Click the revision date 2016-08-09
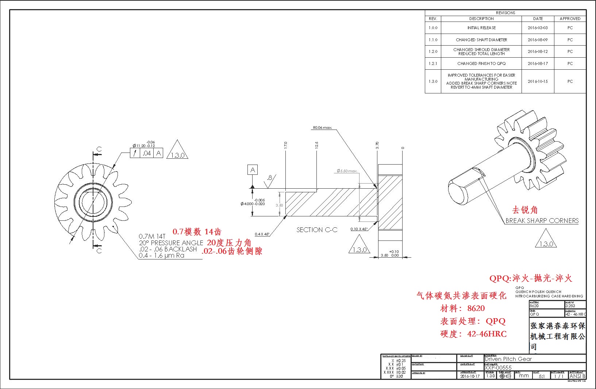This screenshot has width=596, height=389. pos(538,40)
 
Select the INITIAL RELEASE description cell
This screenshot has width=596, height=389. pos(481,28)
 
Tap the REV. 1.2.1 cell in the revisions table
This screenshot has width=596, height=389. pos(433,63)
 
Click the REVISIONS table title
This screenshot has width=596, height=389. pos(505,13)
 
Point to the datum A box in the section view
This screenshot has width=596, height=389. pos(253,170)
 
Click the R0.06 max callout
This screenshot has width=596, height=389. pos(322,128)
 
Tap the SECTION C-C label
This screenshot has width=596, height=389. pos(317,230)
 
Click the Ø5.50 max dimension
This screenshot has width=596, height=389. pos(347,171)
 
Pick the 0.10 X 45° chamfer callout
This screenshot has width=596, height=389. pos(359,229)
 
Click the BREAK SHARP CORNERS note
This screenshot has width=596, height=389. pos(542,221)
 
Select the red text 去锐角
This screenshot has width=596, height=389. pos(525,210)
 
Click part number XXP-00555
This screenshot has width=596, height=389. pos(498,368)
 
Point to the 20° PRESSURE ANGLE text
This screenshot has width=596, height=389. pos(171,243)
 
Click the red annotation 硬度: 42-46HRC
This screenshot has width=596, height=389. pos(473,334)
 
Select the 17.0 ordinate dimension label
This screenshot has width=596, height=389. pos(285,145)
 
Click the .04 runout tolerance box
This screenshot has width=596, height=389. pos(147,153)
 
